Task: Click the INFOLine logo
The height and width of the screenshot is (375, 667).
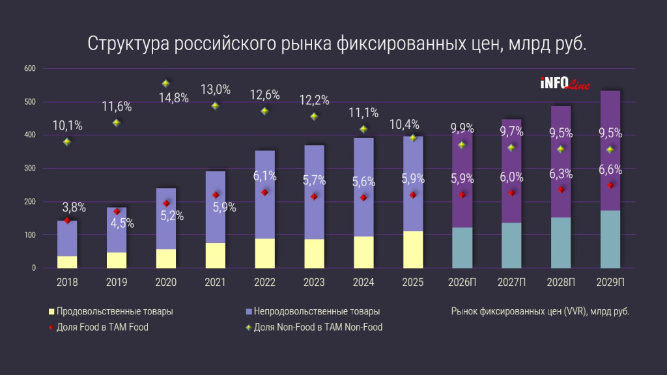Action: (564, 83)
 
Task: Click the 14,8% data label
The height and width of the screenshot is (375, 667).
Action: (175, 98)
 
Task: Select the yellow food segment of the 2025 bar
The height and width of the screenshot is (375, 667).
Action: (413, 249)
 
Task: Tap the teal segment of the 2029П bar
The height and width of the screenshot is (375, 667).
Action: (610, 239)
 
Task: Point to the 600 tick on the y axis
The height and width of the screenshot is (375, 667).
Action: (29, 68)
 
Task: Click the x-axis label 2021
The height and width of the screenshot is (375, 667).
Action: (215, 282)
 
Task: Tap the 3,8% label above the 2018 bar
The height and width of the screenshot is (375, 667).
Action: (74, 208)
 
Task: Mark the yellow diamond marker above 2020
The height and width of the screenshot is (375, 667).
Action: (165, 83)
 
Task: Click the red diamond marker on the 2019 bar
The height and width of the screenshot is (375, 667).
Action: (117, 212)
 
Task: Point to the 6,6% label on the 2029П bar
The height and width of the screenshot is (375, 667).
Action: (610, 171)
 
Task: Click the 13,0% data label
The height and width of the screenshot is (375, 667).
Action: (215, 90)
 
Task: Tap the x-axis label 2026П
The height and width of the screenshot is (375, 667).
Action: (462, 282)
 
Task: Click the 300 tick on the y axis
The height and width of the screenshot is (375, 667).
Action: (29, 169)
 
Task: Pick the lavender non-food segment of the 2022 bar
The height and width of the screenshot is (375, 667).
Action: (264, 195)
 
